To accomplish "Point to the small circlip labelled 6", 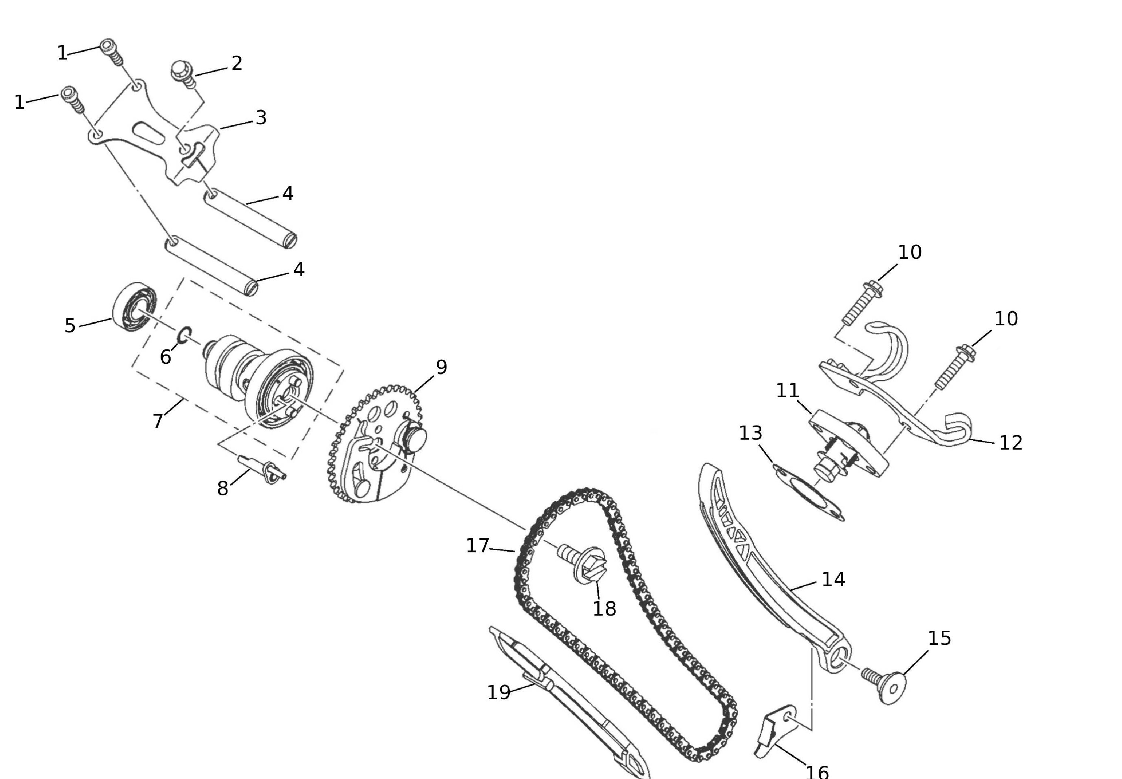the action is (184, 335).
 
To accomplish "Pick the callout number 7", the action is (158, 421).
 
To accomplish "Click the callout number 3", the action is (261, 118).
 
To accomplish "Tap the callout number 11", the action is (788, 390).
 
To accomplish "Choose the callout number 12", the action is (1011, 443).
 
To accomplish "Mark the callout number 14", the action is (833, 579).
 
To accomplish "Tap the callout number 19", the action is (499, 692).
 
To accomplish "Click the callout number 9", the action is (441, 367).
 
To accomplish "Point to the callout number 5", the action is (70, 326).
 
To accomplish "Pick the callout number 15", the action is (939, 638).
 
